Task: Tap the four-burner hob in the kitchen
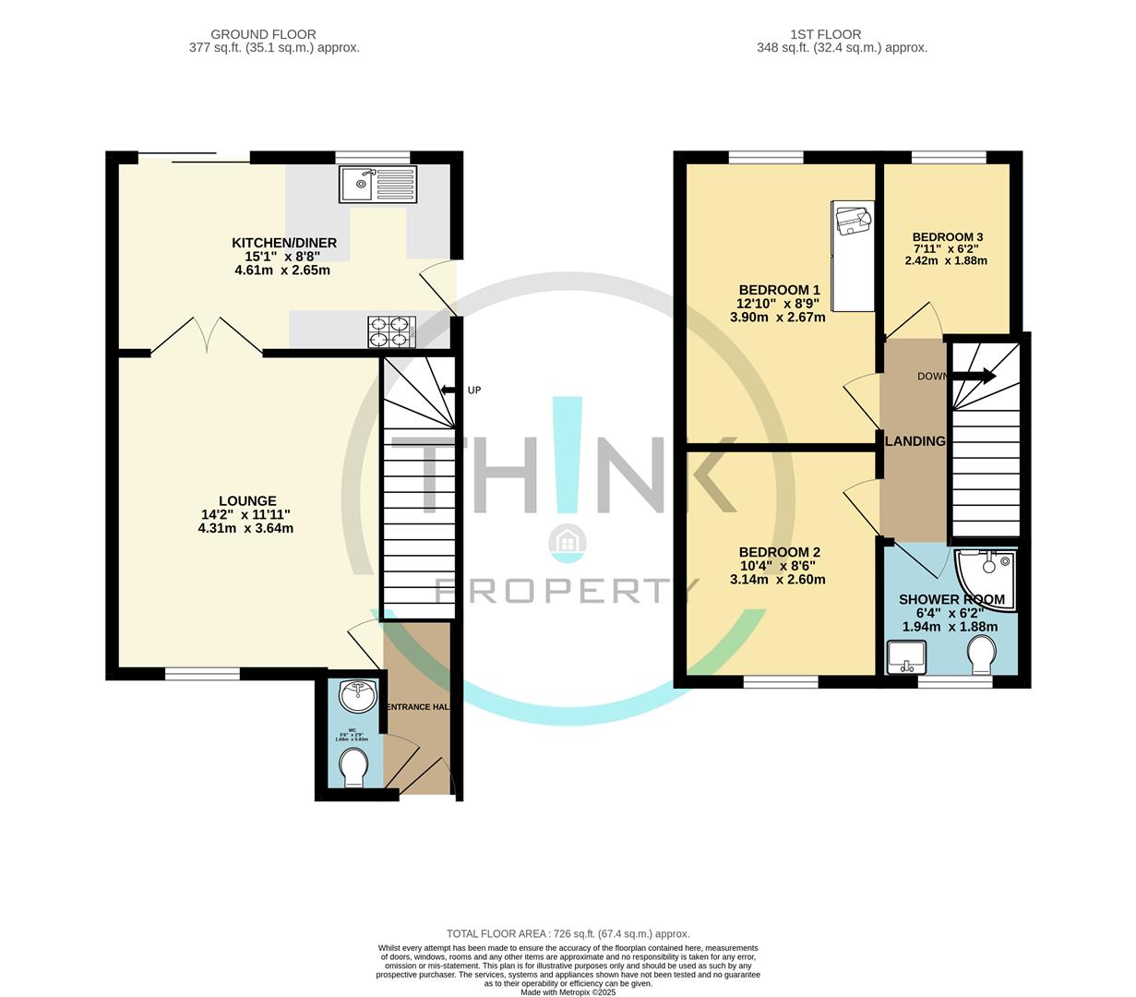[x=389, y=330]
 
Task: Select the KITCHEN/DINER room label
[x=283, y=243]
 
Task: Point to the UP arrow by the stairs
[x=448, y=390]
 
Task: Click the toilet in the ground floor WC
[x=353, y=766]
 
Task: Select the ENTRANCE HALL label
[x=417, y=707]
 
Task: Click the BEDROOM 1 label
[x=779, y=290]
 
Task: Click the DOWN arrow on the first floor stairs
[x=973, y=376]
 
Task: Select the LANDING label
[x=915, y=441]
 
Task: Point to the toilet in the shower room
[x=983, y=657]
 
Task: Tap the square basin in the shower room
[x=905, y=657]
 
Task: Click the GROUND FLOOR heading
[x=263, y=35]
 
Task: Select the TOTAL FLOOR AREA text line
[x=568, y=933]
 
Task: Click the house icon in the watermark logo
[x=567, y=542]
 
